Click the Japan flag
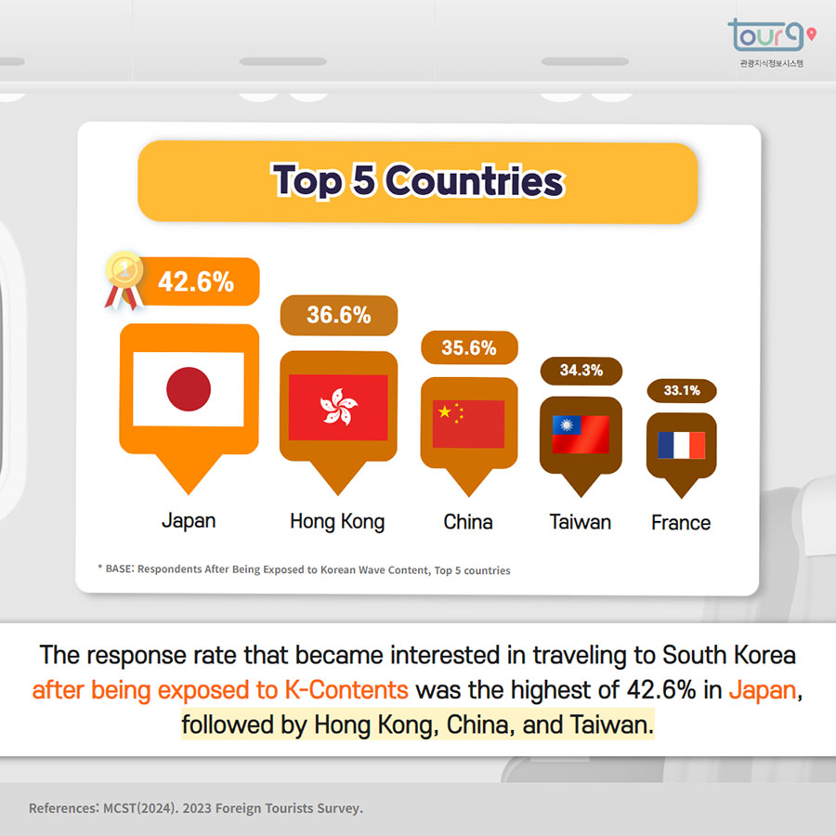189,389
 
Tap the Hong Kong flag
338,408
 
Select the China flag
469,424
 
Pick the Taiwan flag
581,435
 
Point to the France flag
682,445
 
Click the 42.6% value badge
196,281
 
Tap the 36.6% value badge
339,315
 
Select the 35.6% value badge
469,347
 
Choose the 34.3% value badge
581,371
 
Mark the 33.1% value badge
682,390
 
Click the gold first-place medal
124,280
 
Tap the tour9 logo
772,43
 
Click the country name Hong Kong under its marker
337,522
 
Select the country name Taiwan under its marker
580,522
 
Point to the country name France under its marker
681,522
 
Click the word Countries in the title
474,181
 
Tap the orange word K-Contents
346,690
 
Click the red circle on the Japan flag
189,389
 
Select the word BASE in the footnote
118,568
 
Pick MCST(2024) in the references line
139,808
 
